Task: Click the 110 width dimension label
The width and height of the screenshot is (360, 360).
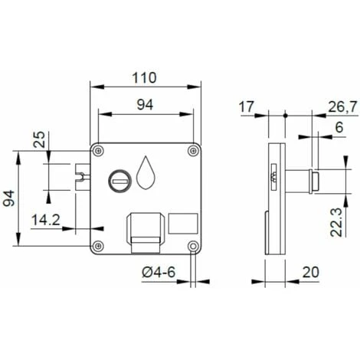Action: coord(143,77)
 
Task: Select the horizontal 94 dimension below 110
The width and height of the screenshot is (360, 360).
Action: coord(143,106)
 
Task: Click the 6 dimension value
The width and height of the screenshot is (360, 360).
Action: coord(337,129)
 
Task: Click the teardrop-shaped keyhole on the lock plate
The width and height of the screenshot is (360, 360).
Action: coord(146,175)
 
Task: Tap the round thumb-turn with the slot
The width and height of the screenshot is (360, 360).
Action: coord(119,179)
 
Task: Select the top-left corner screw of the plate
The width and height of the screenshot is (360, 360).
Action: coord(97,148)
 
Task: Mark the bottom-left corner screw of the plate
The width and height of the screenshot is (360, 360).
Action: coord(97,247)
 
